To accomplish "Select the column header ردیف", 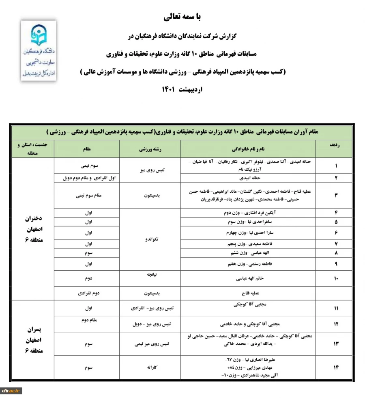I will [336, 144].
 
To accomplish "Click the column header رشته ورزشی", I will [150, 149].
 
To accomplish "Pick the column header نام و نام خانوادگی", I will [250, 149].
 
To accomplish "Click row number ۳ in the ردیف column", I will [336, 195].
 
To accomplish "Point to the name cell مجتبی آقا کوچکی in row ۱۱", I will [250, 304].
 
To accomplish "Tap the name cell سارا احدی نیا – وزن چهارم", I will [250, 233].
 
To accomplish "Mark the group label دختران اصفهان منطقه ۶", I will [32, 229].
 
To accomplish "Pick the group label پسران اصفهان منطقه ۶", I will [32, 339].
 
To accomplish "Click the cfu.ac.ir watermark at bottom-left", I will [11, 391].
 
